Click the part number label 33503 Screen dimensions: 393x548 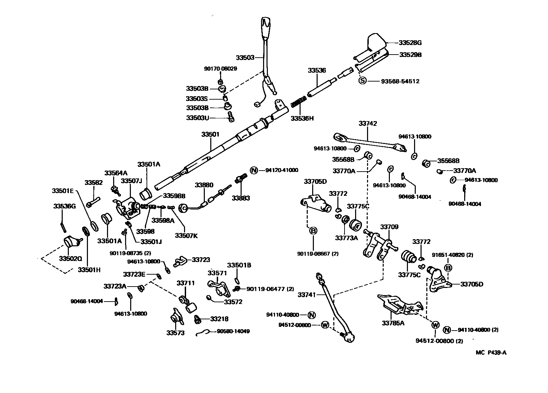point(245,57)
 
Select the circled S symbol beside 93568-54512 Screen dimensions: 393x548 point(363,81)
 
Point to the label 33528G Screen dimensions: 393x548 point(410,43)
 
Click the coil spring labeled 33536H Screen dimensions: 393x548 point(300,102)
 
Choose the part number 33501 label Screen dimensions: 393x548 point(210,134)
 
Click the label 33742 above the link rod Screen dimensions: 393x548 point(368,123)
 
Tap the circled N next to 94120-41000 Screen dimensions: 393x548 point(254,170)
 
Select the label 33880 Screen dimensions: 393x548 point(204,185)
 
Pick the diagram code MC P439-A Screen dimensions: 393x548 point(491,353)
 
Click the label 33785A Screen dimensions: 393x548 point(393,323)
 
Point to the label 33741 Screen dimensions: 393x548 point(307,294)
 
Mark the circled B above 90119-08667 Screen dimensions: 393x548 point(313,231)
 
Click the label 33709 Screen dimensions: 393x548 point(389,227)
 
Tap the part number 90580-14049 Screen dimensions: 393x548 point(233,331)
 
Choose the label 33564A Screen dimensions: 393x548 point(116,173)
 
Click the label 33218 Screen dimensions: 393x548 point(219,319)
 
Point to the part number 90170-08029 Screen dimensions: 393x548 point(220,69)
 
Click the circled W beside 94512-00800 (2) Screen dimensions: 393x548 point(435,325)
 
